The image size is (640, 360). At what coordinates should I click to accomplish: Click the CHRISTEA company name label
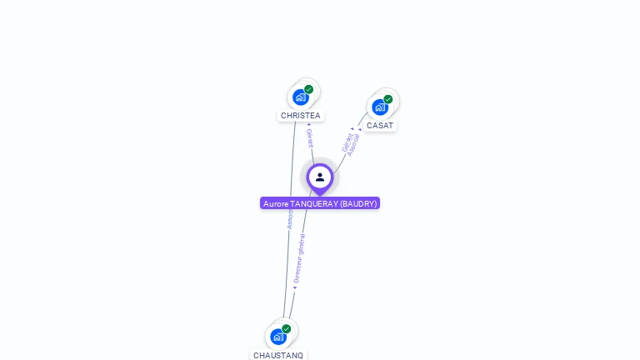(300, 116)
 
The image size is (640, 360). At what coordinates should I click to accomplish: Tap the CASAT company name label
(380, 126)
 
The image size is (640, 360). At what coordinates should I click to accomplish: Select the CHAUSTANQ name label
(278, 355)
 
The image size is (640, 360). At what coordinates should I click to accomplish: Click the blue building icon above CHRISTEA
(300, 97)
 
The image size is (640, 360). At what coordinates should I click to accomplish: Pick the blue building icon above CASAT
(379, 107)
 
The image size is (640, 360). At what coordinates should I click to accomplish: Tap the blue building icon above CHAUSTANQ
(277, 337)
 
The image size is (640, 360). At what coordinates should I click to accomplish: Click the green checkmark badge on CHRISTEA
(309, 89)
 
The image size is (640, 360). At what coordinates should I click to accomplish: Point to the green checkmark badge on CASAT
(388, 99)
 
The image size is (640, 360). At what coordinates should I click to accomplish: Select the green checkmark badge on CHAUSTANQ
(287, 328)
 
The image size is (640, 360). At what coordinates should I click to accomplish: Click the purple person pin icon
(320, 177)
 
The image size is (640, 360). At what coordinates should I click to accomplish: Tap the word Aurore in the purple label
(275, 203)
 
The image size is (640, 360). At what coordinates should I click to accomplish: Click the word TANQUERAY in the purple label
(313, 203)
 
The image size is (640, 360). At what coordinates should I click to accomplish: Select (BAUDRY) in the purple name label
(358, 203)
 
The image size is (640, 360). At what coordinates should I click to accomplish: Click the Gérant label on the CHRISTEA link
(310, 138)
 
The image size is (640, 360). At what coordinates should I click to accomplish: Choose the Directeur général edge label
(299, 258)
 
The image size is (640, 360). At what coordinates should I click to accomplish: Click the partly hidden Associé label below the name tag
(289, 219)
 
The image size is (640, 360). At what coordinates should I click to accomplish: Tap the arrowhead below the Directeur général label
(294, 287)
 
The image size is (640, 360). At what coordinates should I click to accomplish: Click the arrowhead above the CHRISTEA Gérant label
(309, 124)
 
